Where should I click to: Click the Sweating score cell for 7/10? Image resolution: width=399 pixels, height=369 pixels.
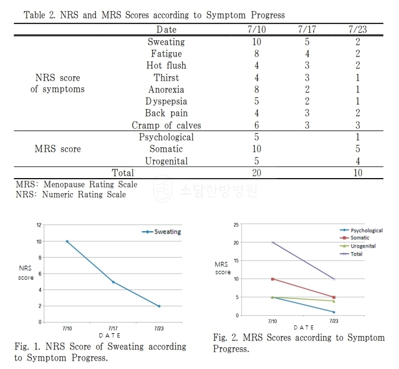point(241,42)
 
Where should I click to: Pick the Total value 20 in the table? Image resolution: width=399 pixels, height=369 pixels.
point(241,172)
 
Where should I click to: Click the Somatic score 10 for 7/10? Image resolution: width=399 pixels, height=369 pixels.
point(241,149)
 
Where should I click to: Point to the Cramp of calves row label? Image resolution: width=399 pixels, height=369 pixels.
point(166,125)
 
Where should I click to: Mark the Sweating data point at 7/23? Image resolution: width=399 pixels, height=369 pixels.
point(159,306)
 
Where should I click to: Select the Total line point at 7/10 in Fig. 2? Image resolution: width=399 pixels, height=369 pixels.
point(273,242)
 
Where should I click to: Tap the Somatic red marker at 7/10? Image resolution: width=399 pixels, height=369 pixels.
point(273,279)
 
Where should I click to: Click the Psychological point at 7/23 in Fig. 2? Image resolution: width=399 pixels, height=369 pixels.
point(333,312)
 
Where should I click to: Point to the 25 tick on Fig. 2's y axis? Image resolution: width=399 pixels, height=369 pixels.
point(236,225)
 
